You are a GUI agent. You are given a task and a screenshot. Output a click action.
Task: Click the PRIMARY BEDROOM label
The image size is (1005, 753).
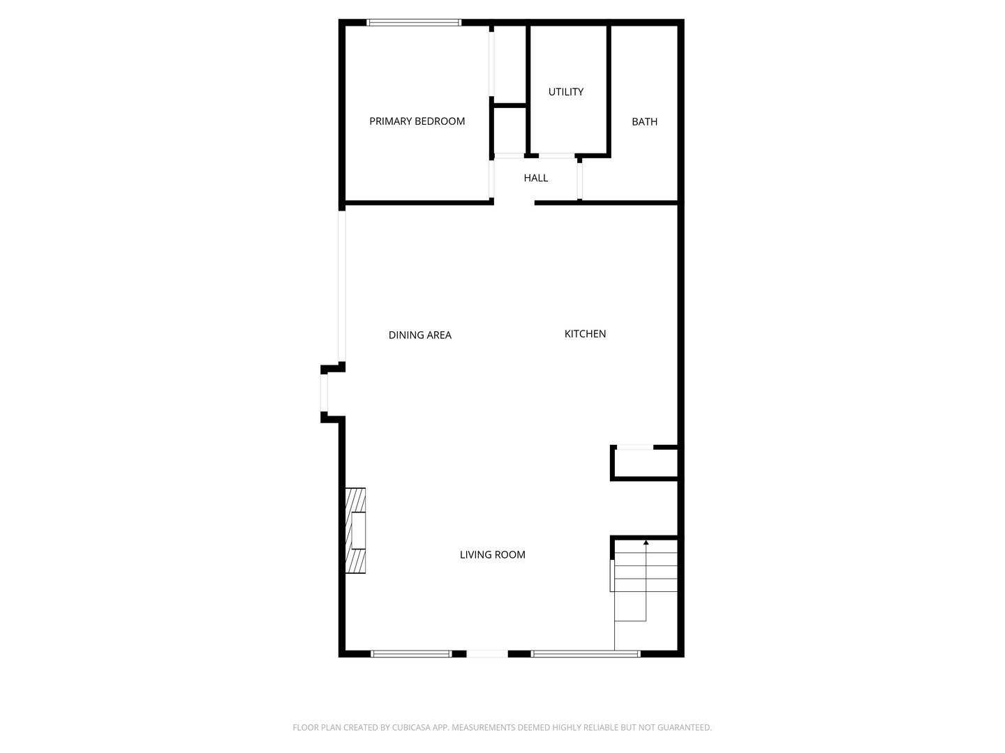(x=417, y=121)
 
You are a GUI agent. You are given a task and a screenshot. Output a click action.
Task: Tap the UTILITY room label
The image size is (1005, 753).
(x=566, y=92)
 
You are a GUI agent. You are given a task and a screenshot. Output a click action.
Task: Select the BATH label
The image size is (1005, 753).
(x=644, y=121)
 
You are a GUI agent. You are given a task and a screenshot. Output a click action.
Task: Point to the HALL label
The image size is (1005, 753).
(x=536, y=178)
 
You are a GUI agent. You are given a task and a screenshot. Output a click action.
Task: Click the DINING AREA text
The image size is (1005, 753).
(x=420, y=335)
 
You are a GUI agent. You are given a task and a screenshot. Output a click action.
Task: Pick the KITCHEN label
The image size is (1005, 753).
(x=585, y=334)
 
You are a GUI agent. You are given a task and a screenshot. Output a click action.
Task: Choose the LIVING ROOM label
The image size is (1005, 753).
(x=492, y=554)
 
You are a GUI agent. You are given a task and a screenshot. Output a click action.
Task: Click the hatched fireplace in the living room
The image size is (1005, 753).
(x=355, y=531)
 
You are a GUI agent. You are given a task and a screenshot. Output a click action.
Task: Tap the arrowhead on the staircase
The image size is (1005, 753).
(x=646, y=542)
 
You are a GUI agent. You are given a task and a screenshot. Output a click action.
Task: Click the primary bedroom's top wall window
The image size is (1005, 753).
(x=414, y=22)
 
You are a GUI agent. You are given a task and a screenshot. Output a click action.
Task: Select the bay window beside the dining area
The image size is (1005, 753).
(x=324, y=393)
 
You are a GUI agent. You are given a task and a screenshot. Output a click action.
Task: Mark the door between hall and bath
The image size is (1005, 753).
(x=580, y=181)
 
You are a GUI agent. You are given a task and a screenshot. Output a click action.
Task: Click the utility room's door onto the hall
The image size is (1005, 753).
(x=556, y=156)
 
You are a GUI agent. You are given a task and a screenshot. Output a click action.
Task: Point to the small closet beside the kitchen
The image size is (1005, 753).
(x=644, y=463)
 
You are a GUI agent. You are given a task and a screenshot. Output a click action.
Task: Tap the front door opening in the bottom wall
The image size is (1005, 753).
(x=487, y=654)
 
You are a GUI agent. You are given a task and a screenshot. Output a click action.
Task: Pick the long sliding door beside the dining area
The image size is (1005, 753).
(x=341, y=286)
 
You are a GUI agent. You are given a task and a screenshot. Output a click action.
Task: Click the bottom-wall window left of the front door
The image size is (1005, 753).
(x=411, y=654)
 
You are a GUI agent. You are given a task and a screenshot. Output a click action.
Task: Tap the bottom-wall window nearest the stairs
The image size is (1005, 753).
(x=586, y=654)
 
